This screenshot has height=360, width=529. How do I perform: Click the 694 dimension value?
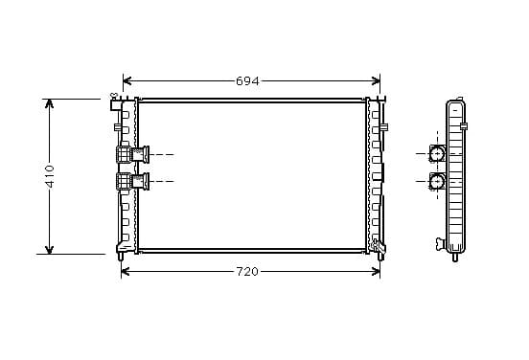coord(247,81)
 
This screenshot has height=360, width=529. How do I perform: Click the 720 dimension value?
coord(247,271)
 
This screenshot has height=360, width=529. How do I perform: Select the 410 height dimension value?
coord(50,176)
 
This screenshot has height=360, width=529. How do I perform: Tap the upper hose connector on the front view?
coord(132,155)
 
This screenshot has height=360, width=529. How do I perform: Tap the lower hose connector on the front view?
coord(132,181)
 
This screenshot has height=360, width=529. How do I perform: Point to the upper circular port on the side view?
coord(437,154)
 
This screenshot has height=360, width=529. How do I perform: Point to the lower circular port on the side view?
coord(437,182)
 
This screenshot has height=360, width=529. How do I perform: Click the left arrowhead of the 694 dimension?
coord(126,80)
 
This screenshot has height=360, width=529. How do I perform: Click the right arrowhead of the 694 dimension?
coord(376,80)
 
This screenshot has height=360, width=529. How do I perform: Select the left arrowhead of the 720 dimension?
coord(126,271)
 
